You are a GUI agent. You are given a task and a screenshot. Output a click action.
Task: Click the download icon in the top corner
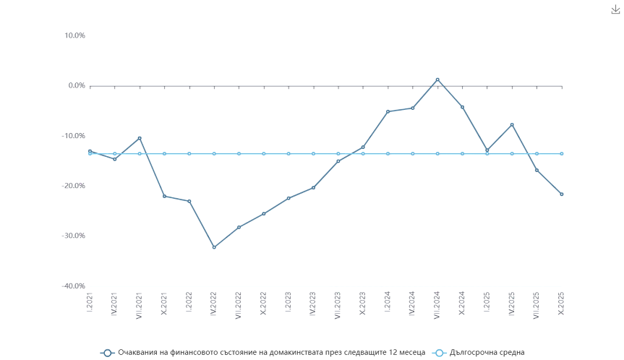pos(615,9)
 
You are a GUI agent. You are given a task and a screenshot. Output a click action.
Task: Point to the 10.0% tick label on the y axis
pos(76,35)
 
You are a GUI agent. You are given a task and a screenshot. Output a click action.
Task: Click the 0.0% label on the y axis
pos(77,86)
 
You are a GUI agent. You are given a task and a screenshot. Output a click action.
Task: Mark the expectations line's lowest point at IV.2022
pos(213,247)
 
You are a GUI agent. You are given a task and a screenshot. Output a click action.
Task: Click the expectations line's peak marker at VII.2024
pos(437,80)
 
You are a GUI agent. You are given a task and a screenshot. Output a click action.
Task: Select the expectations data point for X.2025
pos(561,194)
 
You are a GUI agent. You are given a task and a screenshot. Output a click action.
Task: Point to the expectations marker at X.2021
pos(164,196)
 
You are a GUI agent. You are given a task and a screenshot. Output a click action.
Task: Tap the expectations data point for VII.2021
pos(140,138)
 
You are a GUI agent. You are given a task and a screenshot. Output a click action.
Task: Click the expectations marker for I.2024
pos(388,111)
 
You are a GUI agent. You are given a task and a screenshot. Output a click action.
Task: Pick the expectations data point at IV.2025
pos(512,124)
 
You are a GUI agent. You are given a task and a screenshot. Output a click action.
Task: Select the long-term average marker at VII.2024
pos(437,153)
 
